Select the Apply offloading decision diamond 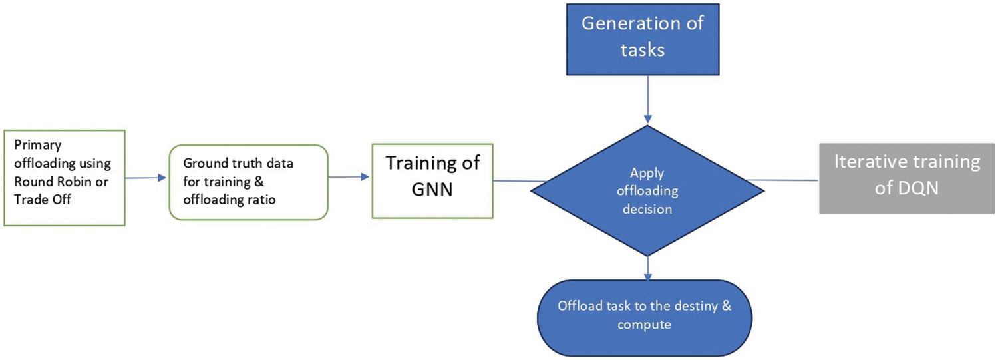coord(647,191)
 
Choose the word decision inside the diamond coord(647,209)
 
